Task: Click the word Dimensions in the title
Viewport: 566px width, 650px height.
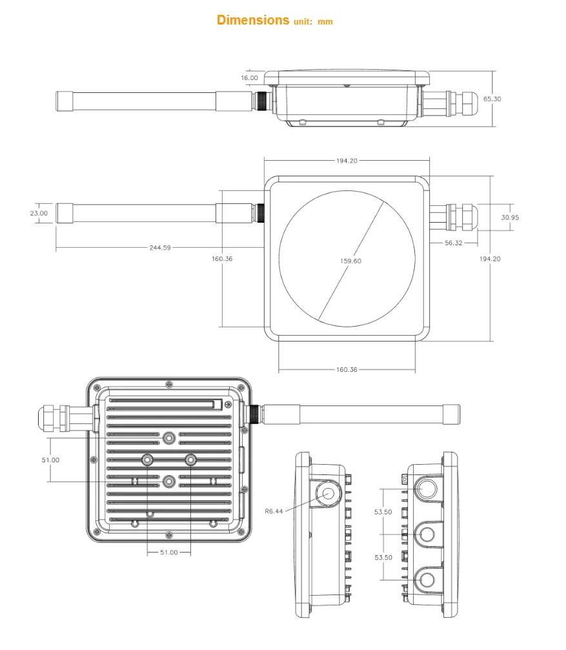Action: point(253,20)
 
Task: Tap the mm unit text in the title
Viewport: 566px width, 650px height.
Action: point(325,22)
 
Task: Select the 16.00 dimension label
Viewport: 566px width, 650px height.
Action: point(249,77)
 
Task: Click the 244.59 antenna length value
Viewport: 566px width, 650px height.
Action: point(159,247)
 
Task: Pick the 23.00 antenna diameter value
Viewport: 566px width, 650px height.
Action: point(39,213)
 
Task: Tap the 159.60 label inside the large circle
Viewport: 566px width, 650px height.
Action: point(350,261)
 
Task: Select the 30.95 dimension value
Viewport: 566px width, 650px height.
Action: point(509,218)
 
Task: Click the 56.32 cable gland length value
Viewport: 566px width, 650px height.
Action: point(453,243)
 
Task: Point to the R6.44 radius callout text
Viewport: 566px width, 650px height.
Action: point(274,511)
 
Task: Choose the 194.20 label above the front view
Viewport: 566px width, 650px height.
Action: point(347,161)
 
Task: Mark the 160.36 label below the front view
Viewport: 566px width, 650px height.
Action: point(347,370)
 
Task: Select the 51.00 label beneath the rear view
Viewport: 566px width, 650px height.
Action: point(169,552)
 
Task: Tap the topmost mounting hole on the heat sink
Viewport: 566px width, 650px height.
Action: point(169,438)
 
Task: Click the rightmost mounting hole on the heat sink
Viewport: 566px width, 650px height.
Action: point(191,460)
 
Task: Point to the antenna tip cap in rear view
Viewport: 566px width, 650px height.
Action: point(452,414)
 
